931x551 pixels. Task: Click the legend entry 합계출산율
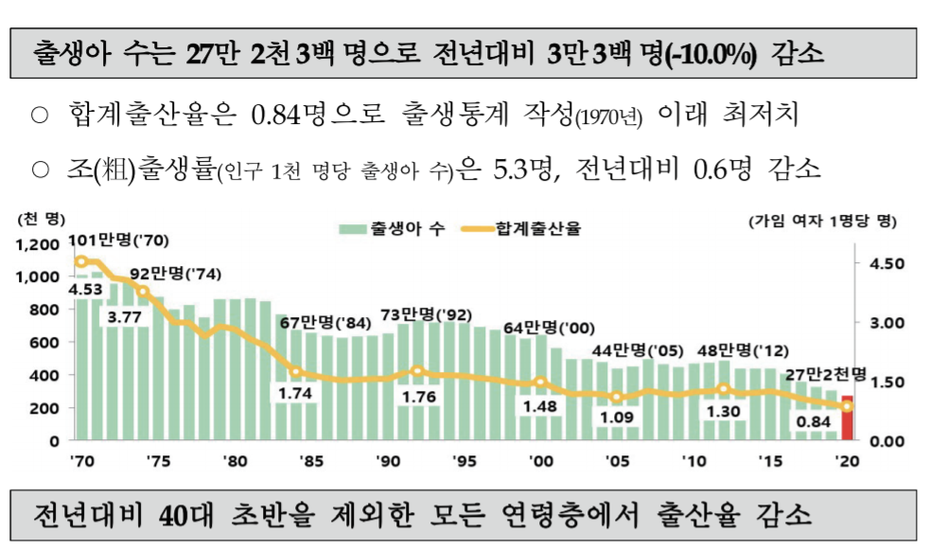pos(527,228)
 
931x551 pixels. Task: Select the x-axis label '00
pos(542,461)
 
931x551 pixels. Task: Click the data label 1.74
pos(296,391)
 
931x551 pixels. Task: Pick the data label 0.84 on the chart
pos(813,421)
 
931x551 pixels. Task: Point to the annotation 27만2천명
pos(817,374)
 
